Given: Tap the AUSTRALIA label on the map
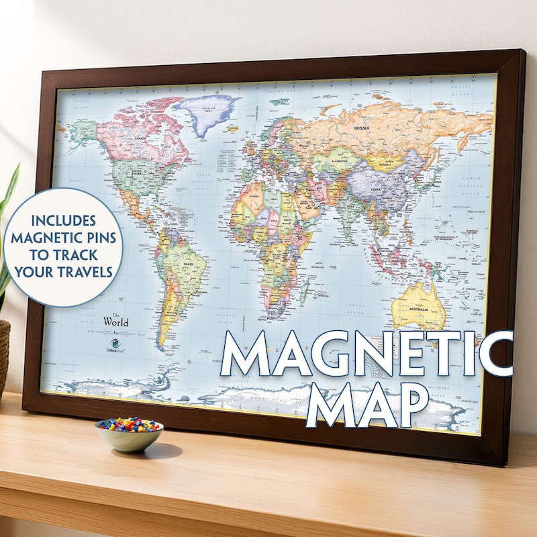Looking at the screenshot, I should (x=419, y=308).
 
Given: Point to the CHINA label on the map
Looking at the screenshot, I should (x=376, y=189).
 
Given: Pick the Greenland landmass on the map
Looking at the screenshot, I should (x=209, y=110).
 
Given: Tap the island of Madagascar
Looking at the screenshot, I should (x=305, y=289).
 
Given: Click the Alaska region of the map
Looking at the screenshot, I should (x=81, y=132).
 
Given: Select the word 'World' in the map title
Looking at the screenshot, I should (x=115, y=322).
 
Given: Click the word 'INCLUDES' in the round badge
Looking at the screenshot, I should (x=63, y=220).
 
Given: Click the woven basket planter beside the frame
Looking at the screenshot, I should (x=4, y=356).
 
